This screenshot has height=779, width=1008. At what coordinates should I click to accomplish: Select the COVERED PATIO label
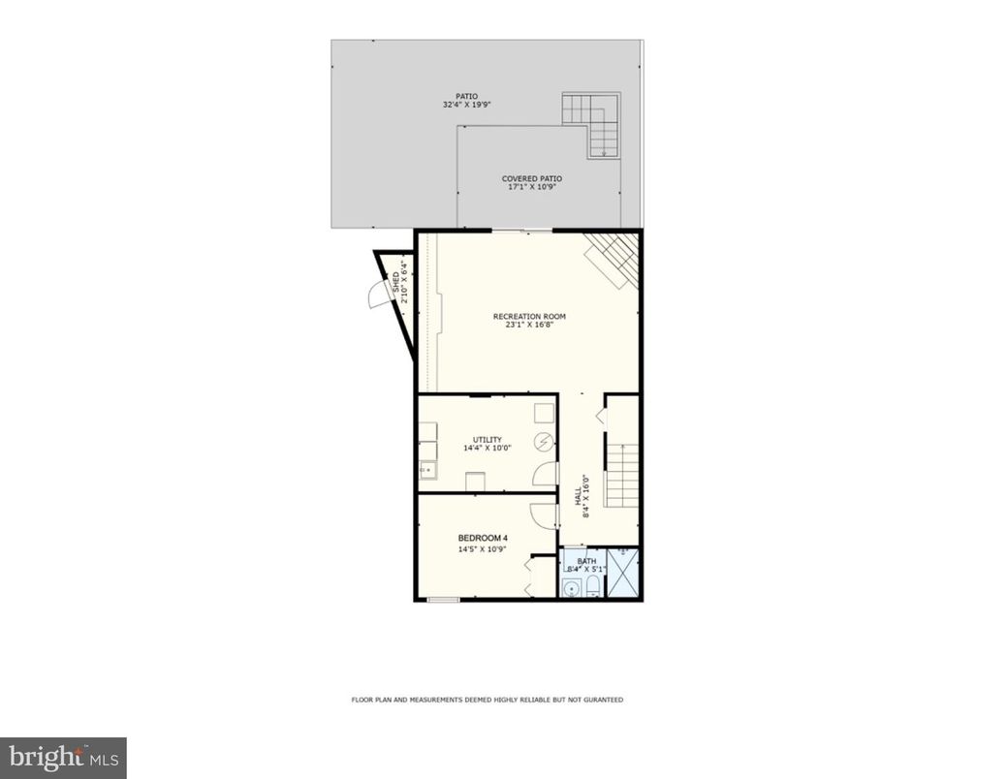[x=531, y=178]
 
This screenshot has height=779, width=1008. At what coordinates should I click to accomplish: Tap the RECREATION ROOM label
[x=529, y=317]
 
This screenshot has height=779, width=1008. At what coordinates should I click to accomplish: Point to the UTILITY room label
[x=487, y=439]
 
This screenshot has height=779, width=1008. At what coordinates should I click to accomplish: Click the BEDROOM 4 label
[x=483, y=538]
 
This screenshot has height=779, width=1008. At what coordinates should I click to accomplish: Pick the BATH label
[x=586, y=561]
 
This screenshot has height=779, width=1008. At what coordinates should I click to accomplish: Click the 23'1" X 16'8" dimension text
[x=529, y=327]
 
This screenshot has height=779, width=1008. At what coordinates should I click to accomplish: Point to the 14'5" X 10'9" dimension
[x=483, y=549]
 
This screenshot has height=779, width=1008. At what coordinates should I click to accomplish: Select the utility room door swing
[x=546, y=474]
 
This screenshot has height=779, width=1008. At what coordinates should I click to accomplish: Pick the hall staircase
[x=621, y=475]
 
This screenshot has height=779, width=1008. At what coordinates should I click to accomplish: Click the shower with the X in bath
[x=622, y=574]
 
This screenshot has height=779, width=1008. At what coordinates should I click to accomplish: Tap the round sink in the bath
[x=572, y=587]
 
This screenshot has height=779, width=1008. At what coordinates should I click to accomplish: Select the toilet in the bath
[x=592, y=585]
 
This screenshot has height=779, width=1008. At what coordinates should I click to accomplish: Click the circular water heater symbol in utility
[x=545, y=443]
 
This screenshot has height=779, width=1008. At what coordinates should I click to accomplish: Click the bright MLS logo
[x=63, y=757]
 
